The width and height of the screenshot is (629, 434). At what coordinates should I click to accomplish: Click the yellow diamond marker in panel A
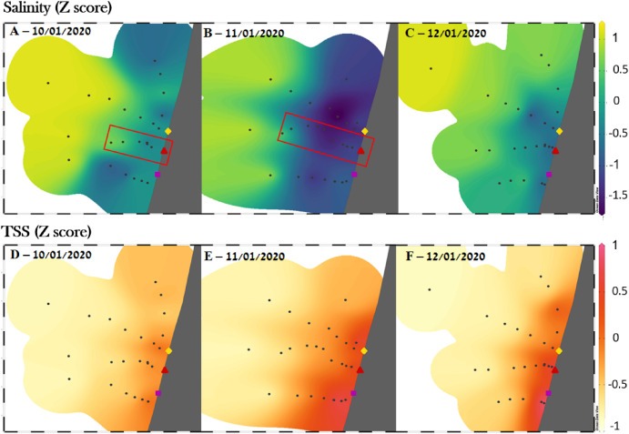pyautogui.click(x=168, y=131)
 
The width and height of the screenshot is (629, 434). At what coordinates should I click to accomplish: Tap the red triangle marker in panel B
pyautogui.click(x=360, y=150)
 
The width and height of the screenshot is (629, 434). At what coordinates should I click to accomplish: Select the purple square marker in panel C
pyautogui.click(x=549, y=175)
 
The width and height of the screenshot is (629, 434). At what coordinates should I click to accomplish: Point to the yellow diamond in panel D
pyautogui.click(x=168, y=350)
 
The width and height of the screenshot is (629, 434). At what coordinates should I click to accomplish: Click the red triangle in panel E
pyautogui.click(x=360, y=369)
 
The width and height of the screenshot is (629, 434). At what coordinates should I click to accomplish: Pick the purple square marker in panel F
pyautogui.click(x=548, y=393)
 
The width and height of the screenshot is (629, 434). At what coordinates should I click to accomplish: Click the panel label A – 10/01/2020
pyautogui.click(x=50, y=31)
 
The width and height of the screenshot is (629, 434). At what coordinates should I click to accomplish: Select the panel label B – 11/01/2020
pyautogui.click(x=244, y=33)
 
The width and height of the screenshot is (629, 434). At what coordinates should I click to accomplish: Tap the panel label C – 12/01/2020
pyautogui.click(x=445, y=33)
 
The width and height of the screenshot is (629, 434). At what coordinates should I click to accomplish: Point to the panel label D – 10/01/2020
pyautogui.click(x=51, y=254)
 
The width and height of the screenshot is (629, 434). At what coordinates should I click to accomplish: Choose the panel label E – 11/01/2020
pyautogui.click(x=244, y=256)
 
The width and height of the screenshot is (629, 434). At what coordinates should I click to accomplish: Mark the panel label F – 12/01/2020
pyautogui.click(x=445, y=256)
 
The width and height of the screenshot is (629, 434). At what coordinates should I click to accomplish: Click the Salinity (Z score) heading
pyautogui.click(x=57, y=8)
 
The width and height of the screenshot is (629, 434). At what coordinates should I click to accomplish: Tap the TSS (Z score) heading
pyautogui.click(x=47, y=231)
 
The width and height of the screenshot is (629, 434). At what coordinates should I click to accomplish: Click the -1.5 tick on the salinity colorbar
pyautogui.click(x=618, y=195)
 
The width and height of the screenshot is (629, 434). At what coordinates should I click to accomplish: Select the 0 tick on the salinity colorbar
pyautogui.click(x=616, y=100)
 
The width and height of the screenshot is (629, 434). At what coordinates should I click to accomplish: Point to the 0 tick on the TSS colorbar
pyautogui.click(x=616, y=338)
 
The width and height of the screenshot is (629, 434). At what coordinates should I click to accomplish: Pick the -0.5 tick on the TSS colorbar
pyautogui.click(x=618, y=384)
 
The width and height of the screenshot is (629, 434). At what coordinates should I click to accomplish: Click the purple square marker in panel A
pyautogui.click(x=157, y=175)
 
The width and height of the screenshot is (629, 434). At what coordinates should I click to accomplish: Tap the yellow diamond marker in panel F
pyautogui.click(x=559, y=351)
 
